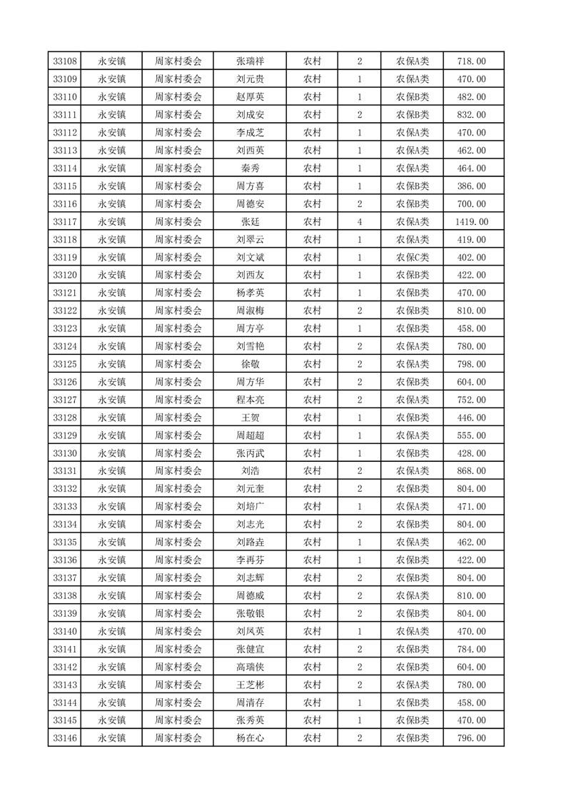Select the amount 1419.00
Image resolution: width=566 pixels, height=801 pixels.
pos(471,222)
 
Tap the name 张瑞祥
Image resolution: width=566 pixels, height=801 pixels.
pos(250,61)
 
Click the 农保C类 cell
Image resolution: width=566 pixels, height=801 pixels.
pos(413,258)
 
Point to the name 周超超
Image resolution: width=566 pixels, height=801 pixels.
pos(250,435)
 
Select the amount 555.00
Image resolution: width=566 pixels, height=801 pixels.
pos(471,435)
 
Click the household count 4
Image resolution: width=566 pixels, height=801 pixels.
pos(359,222)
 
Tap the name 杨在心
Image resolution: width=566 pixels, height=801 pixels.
pos(250,738)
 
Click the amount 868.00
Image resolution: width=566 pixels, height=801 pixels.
pos(471,471)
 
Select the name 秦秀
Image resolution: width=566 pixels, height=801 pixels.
pos(250,168)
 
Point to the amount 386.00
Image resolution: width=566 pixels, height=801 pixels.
pos(471,186)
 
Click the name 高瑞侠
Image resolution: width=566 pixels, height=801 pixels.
pos(250,667)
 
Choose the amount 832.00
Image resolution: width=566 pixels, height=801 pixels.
pos(471,115)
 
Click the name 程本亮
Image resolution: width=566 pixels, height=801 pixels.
pos(250,400)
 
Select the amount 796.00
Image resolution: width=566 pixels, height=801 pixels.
pos(471,738)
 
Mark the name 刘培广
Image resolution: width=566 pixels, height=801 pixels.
pos(250,507)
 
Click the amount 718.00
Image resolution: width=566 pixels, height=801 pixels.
pos(471,61)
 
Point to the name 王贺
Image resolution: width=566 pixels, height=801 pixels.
pos(250,418)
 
